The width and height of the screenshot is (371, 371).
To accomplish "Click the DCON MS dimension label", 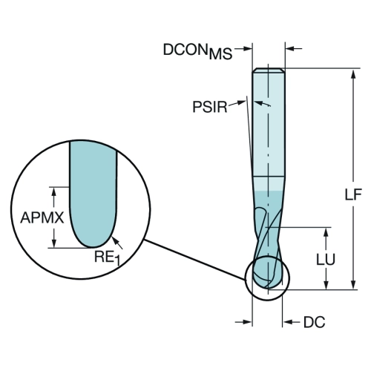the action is click(197, 51).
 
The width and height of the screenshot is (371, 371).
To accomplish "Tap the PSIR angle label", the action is click(210, 107).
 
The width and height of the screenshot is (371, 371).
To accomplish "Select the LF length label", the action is click(353, 194).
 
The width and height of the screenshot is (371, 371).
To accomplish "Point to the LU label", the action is click(326, 259).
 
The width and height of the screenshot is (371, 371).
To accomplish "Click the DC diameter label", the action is click(315, 322).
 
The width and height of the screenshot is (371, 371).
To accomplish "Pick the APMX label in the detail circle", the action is click(42, 218).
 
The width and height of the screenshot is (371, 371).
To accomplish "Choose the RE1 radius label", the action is click(107, 257).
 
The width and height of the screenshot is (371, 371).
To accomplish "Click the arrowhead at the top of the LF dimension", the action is click(353, 74).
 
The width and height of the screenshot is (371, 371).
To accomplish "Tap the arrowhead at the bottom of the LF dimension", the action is click(353, 284).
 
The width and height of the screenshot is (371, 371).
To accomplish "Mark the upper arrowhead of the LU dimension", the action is click(326, 232).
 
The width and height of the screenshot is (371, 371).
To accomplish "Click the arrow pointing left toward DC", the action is click(292, 322).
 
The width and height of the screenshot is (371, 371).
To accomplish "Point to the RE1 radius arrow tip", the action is click(113, 237).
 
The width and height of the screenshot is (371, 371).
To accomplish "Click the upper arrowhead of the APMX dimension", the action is click(53, 191).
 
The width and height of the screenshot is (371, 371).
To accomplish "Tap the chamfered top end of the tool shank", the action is click(269, 70).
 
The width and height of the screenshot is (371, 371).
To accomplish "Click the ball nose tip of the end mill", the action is click(268, 289).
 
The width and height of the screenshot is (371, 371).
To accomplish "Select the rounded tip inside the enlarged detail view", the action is click(93, 246).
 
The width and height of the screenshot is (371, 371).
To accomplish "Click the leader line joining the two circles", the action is click(194, 260).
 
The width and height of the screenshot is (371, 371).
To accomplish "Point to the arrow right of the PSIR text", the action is click(237, 104).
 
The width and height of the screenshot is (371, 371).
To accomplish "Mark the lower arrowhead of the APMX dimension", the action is click(53, 243).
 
